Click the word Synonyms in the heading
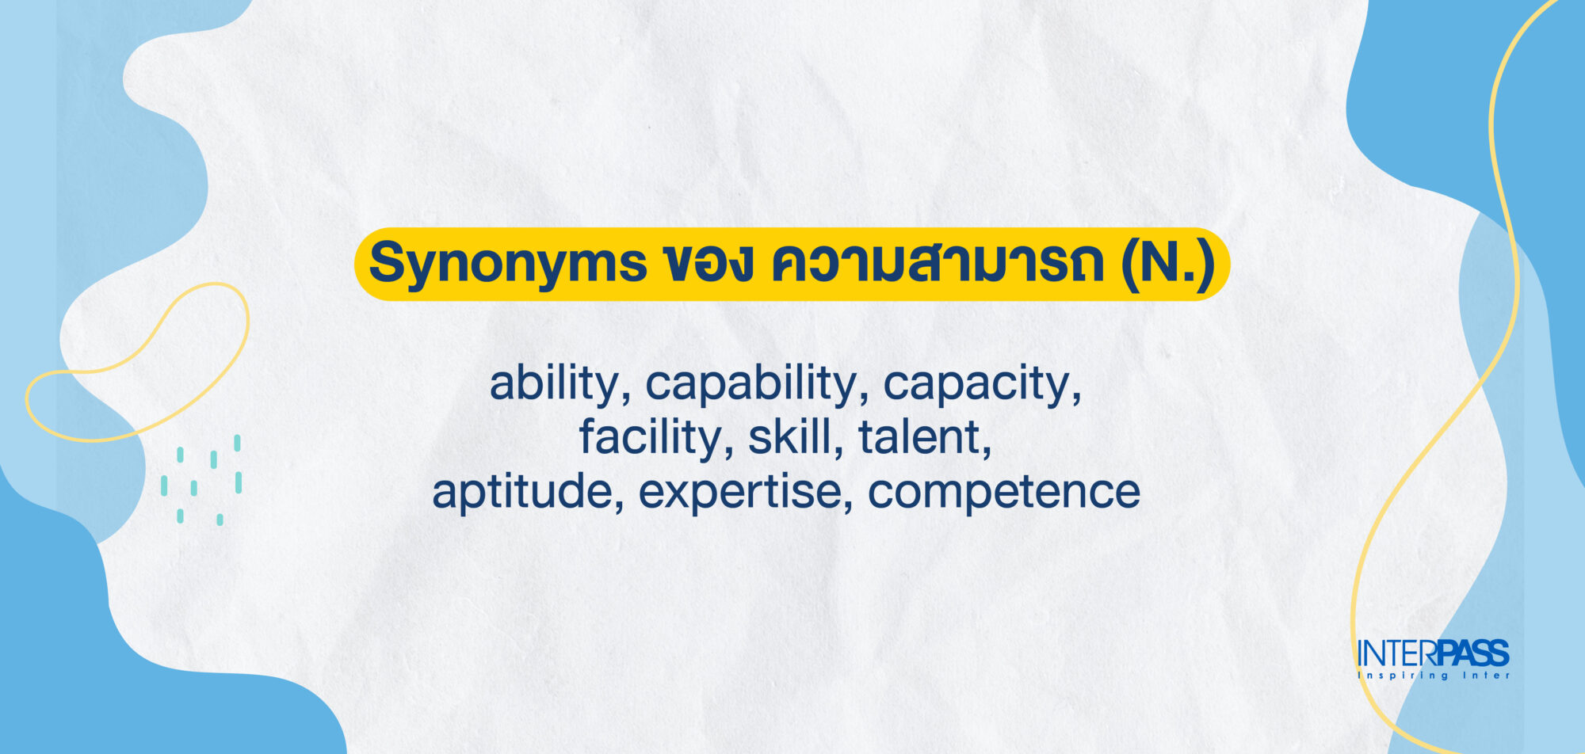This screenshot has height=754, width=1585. (508, 264)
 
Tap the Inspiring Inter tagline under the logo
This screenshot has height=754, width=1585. (1434, 676)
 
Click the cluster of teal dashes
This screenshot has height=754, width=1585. (201, 479)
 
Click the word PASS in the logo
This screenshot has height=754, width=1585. (1473, 654)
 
